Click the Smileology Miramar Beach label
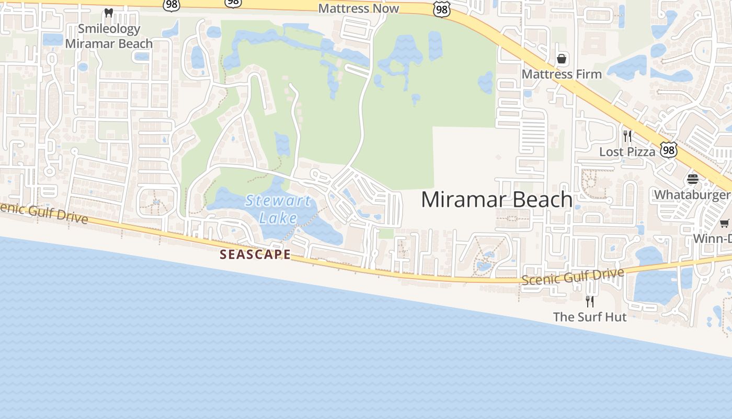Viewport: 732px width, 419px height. (109, 36)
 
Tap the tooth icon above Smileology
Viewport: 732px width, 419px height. (109, 13)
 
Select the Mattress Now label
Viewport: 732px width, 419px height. (358, 8)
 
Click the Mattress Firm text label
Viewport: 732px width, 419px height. (562, 74)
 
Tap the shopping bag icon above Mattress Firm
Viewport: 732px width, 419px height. (562, 59)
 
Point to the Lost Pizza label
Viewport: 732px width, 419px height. (627, 152)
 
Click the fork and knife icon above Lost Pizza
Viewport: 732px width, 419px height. (627, 136)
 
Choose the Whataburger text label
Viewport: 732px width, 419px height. (692, 195)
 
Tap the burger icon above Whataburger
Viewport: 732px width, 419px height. (693, 180)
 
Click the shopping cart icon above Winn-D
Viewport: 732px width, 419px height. (725, 224)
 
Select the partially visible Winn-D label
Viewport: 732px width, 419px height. (712, 239)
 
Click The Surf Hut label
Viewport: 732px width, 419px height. (590, 317)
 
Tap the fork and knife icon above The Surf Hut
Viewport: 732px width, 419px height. (590, 301)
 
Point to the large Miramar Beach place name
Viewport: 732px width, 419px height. (496, 200)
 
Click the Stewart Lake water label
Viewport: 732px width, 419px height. (278, 209)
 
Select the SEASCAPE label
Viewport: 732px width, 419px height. (255, 255)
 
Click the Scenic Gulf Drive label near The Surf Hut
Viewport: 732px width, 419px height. (573, 276)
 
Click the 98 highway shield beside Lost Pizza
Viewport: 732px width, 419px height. (668, 150)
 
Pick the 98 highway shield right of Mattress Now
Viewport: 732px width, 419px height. (442, 9)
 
